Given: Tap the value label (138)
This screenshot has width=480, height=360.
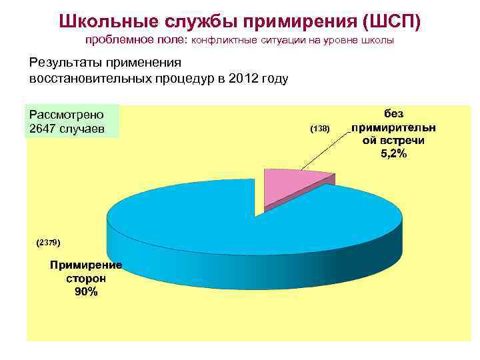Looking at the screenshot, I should pyautogui.click(x=320, y=128).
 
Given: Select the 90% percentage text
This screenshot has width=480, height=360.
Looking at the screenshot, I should pyautogui.click(x=86, y=292).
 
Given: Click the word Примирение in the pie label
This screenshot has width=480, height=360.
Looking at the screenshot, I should pyautogui.click(x=86, y=265).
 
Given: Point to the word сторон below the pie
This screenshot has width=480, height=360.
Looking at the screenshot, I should pyautogui.click(x=86, y=279).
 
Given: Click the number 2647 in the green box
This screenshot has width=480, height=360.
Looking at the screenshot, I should pyautogui.click(x=43, y=128).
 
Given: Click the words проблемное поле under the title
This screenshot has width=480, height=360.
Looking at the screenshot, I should pyautogui.click(x=137, y=41).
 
